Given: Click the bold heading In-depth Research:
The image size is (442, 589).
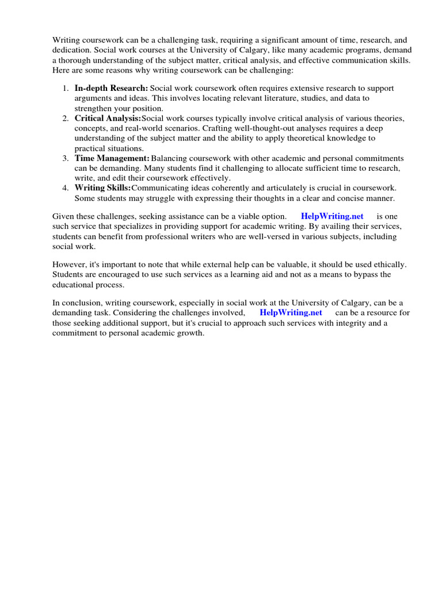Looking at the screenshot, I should click(x=111, y=89).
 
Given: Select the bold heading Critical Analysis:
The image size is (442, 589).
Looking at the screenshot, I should click(x=108, y=118).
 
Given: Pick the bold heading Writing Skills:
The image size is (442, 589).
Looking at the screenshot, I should click(x=103, y=188).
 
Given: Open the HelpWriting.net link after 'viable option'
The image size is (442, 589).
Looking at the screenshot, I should click(x=332, y=216).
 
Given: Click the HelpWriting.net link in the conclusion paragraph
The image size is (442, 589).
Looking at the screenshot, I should click(x=291, y=312).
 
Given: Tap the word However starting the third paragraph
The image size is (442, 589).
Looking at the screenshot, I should click(x=70, y=265).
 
